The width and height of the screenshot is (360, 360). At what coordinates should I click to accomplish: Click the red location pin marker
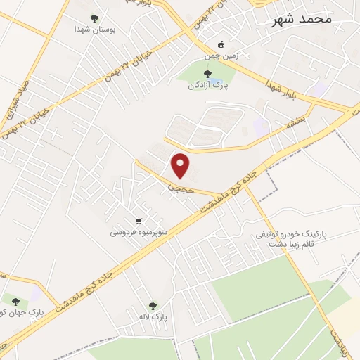181,165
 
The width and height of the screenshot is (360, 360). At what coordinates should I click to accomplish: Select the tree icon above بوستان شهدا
95,18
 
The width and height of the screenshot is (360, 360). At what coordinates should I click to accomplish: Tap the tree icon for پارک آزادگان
207,73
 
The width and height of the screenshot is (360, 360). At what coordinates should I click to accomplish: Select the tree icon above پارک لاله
153,306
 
